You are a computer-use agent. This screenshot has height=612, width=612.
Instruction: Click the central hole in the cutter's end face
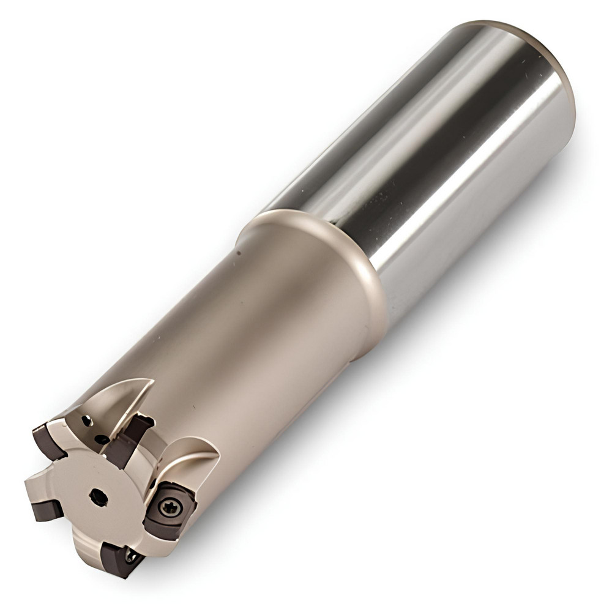(x=98, y=497)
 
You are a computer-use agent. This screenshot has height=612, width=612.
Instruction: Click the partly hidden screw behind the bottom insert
(x=131, y=554)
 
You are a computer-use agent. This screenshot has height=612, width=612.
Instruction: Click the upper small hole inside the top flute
(x=87, y=421)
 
